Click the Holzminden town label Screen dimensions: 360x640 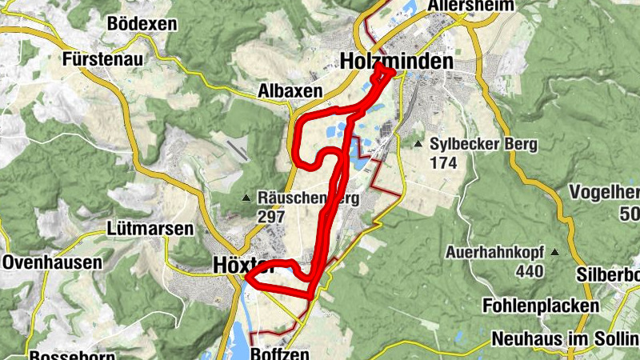pyautogui.click(x=396, y=61)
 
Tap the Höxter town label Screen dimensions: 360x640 pyautogui.click(x=244, y=264)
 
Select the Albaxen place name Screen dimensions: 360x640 pyautogui.click(x=290, y=90)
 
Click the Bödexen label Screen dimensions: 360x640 pyautogui.click(x=141, y=23)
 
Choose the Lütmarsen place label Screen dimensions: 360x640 pyautogui.click(x=150, y=229)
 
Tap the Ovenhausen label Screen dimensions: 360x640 pyautogui.click(x=52, y=262)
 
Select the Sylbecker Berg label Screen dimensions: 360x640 pyautogui.click(x=484, y=145)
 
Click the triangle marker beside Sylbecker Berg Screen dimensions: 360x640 pyautogui.click(x=418, y=145)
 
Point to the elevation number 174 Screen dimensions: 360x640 pyautogui.click(x=442, y=163)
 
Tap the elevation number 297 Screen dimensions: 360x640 pyautogui.click(x=272, y=216)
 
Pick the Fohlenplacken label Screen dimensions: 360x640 pyautogui.click(x=541, y=306)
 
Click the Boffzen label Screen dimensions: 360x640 pyautogui.click(x=279, y=354)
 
